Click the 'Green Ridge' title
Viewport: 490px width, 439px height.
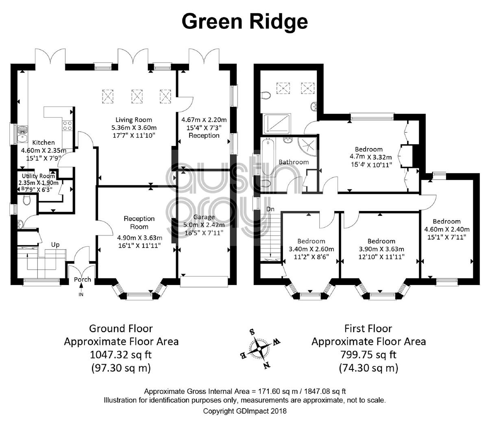[244, 22]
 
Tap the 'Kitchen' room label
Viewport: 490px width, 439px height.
[44, 142]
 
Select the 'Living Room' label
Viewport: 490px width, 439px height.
[134, 120]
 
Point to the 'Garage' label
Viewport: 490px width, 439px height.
[204, 217]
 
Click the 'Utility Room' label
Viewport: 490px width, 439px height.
[38, 176]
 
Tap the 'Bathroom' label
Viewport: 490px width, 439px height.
[294, 162]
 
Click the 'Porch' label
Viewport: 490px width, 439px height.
[83, 279]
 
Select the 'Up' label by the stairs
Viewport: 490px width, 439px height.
[55, 245]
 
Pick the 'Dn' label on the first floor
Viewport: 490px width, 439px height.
[270, 209]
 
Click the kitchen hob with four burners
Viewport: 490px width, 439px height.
[67, 126]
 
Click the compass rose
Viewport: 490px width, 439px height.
[259, 349]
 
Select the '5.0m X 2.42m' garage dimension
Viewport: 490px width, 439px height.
[204, 225]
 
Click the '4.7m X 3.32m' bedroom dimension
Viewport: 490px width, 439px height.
[371, 157]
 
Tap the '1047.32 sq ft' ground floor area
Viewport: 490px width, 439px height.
[121, 355]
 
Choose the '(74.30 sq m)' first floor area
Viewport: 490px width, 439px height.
[368, 368]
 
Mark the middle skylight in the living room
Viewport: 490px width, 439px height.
[137, 96]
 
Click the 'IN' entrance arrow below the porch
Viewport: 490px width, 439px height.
[81, 289]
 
